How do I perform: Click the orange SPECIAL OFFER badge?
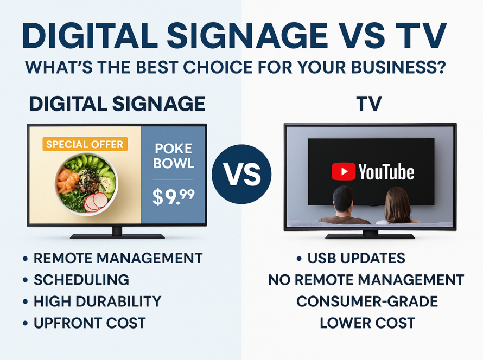pyautogui.click(x=85, y=144)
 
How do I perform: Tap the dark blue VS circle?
pyautogui.click(x=242, y=174)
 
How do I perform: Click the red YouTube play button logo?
pyautogui.click(x=344, y=172)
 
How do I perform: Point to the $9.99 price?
pyautogui.click(x=174, y=197)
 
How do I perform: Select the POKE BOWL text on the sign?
pyautogui.click(x=174, y=156)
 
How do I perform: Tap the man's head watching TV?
pyautogui.click(x=343, y=199)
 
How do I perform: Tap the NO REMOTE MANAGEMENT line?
pyautogui.click(x=366, y=280)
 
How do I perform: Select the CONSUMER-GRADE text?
pyautogui.click(x=367, y=301)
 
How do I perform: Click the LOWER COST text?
pyautogui.click(x=367, y=323)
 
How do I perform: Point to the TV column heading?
pyautogui.click(x=369, y=104)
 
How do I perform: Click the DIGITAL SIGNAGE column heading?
pyautogui.click(x=117, y=104)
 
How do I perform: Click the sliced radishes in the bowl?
pyautogui.click(x=96, y=202)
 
